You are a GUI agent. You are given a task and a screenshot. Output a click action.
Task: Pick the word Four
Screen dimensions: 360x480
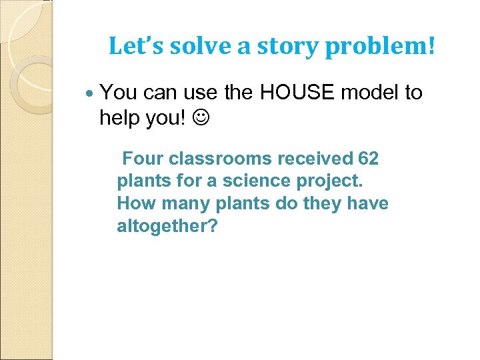point(143,159)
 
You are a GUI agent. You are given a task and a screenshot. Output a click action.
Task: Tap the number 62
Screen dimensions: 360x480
point(368,159)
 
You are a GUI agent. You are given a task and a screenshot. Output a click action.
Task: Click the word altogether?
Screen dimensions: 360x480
point(167,226)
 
